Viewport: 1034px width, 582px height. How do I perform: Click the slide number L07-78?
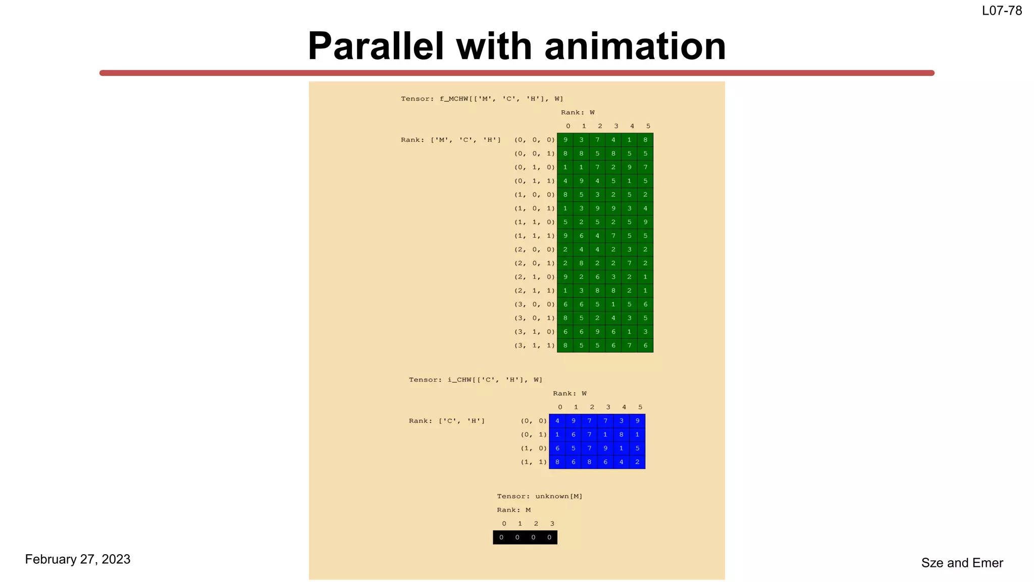(x=1002, y=11)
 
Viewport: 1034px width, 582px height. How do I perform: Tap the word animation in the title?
(x=635, y=46)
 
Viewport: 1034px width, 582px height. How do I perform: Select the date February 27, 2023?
(x=78, y=559)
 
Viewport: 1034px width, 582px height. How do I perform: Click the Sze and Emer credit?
(x=962, y=563)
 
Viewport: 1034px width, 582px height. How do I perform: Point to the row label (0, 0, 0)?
(x=534, y=140)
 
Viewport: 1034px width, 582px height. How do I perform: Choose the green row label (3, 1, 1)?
(x=534, y=346)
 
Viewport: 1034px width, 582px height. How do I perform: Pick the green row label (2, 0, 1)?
(x=534, y=263)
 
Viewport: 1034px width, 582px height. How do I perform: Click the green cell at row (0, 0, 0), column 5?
(x=645, y=140)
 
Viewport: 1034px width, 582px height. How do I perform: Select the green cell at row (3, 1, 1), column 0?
(x=565, y=346)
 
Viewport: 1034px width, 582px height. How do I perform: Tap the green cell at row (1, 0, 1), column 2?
(x=597, y=208)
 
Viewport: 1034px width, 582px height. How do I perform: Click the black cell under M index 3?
(x=549, y=538)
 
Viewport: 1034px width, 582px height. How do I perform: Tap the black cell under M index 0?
(x=501, y=538)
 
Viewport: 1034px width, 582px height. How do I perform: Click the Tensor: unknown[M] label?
(x=539, y=496)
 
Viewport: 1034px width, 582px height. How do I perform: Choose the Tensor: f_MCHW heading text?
(x=482, y=99)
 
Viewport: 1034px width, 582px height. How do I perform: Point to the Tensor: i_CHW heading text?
(x=476, y=379)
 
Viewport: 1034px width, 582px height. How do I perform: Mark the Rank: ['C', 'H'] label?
(x=446, y=421)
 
